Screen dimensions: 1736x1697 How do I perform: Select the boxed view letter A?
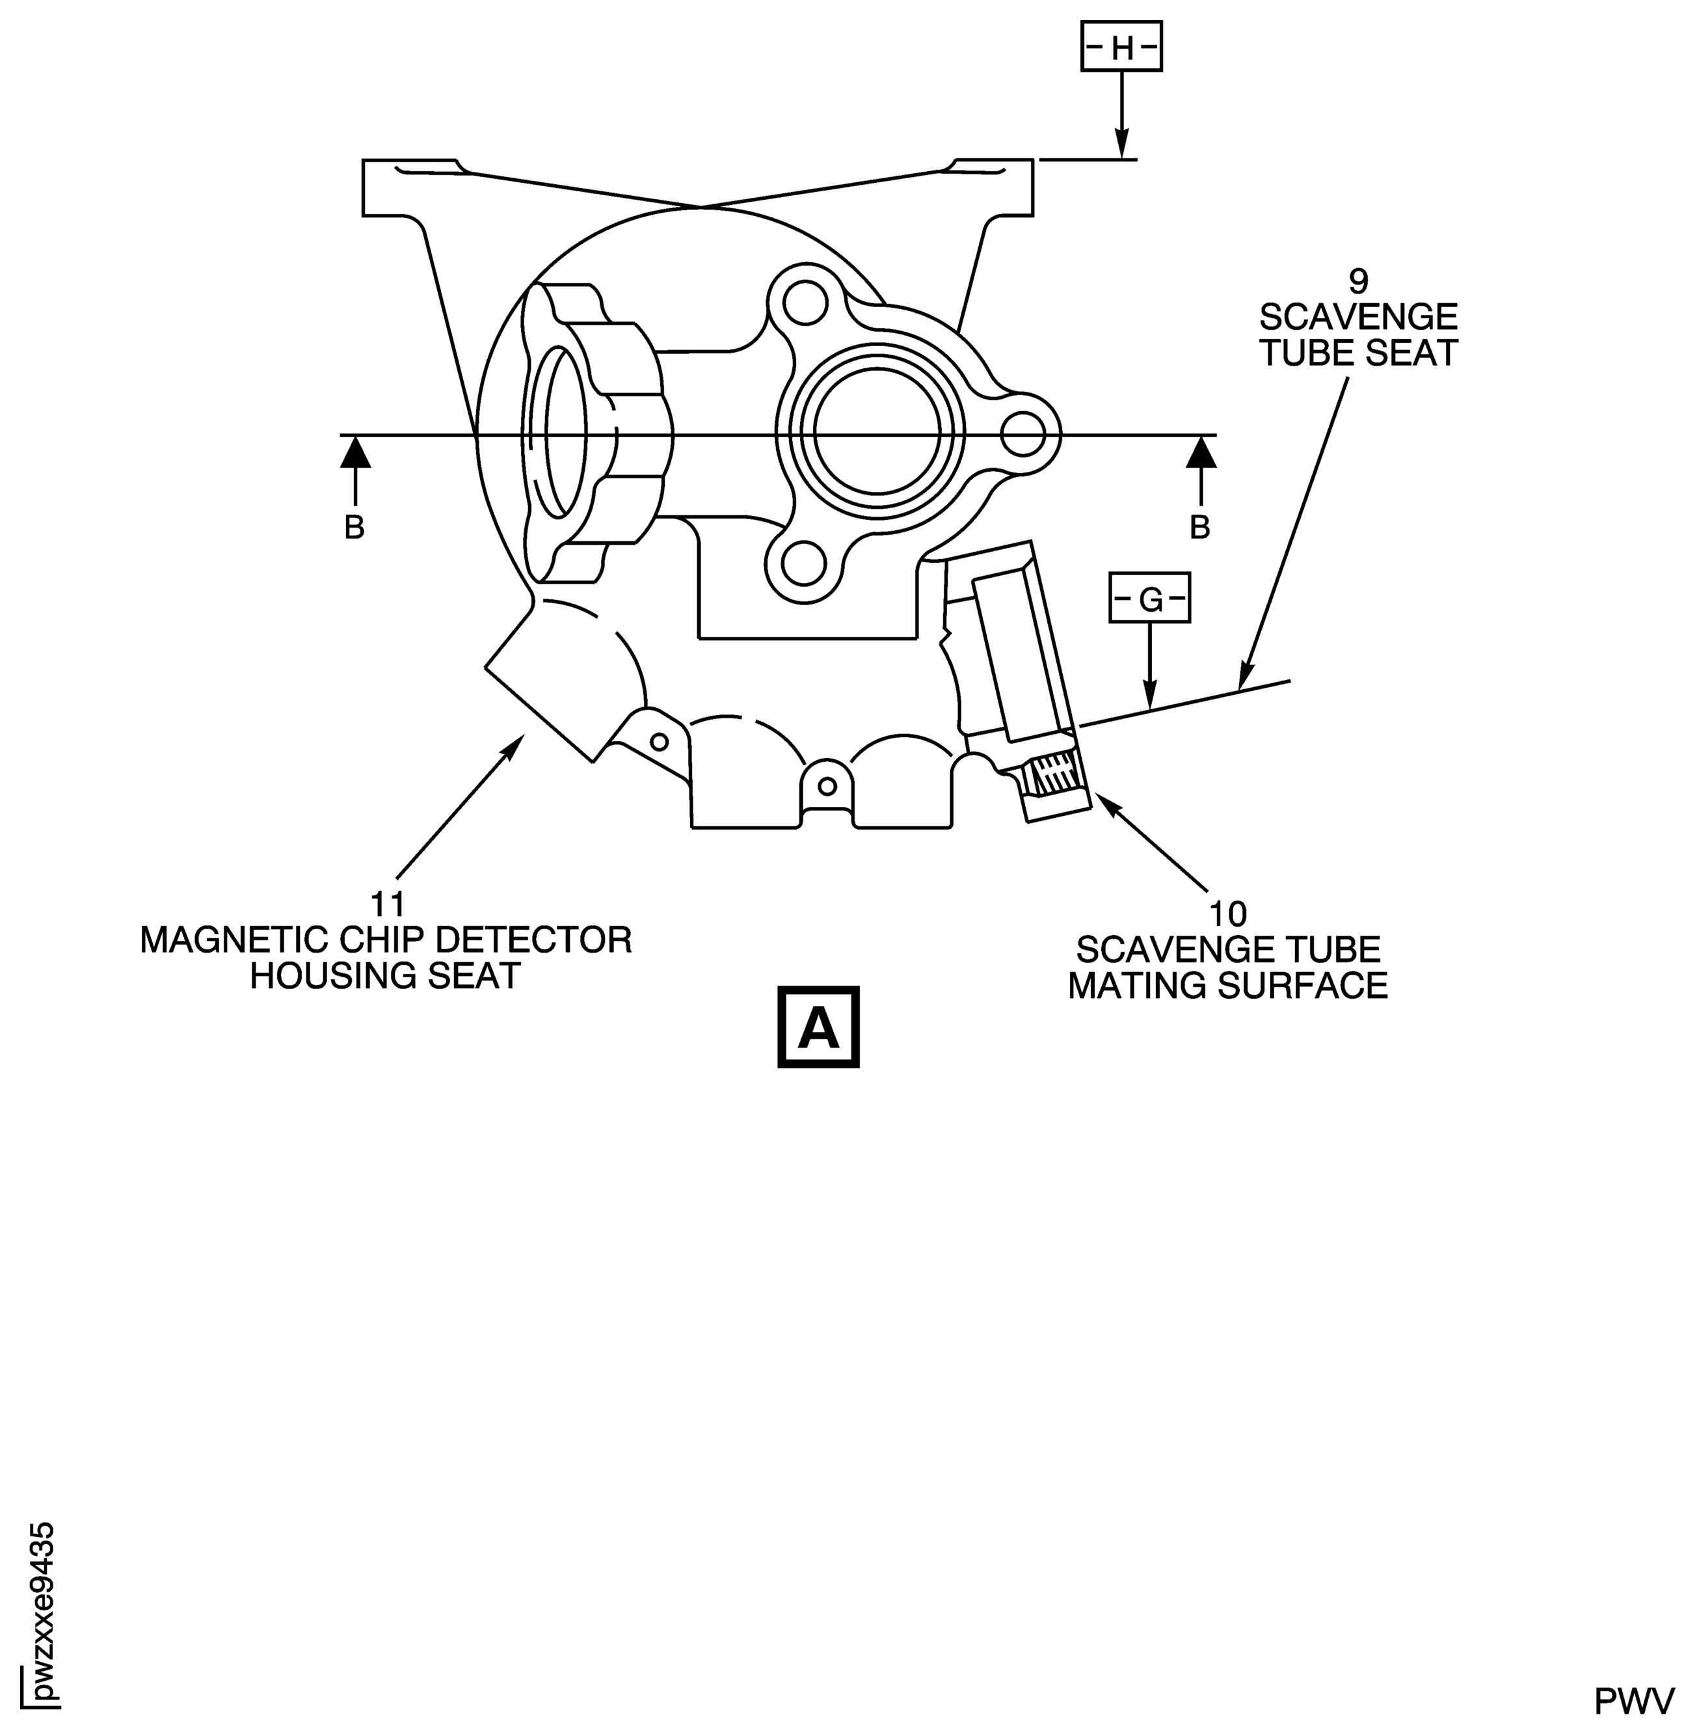(x=818, y=1027)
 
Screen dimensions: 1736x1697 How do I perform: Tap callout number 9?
(x=1357, y=282)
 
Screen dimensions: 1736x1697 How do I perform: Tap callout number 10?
(x=1227, y=914)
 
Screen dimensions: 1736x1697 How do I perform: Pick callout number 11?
(x=388, y=904)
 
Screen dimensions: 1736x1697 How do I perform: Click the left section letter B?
(x=354, y=528)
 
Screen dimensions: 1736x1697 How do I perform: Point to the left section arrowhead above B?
(x=354, y=452)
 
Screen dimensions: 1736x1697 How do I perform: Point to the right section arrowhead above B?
(x=1201, y=452)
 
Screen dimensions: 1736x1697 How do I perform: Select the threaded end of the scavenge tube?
(x=1055, y=775)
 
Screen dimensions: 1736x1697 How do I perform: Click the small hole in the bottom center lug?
(x=827, y=785)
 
